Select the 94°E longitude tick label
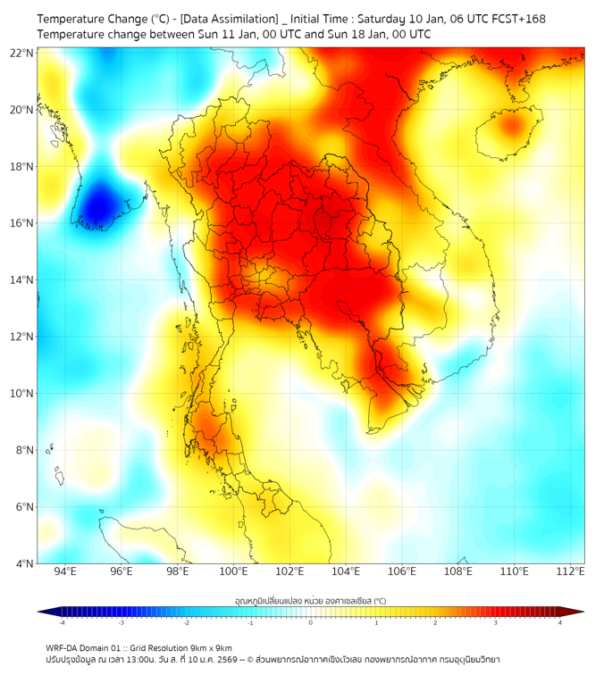65,571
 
